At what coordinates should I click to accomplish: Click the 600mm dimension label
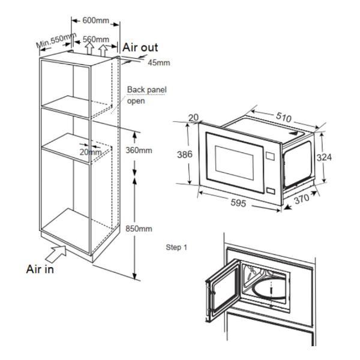(x=96, y=20)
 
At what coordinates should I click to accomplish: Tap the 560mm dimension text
(x=96, y=39)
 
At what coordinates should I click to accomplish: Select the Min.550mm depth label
(x=56, y=40)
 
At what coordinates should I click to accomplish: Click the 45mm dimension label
(x=159, y=62)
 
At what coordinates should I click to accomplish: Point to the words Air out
(x=140, y=47)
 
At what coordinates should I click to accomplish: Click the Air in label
(x=40, y=269)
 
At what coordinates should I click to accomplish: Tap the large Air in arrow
(x=56, y=254)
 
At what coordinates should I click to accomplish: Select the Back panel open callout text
(x=147, y=95)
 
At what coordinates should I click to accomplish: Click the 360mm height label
(x=139, y=151)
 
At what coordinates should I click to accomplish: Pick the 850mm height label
(x=139, y=229)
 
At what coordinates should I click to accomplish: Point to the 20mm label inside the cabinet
(x=91, y=152)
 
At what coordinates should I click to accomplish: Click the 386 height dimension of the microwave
(x=185, y=154)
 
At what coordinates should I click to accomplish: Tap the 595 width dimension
(x=238, y=203)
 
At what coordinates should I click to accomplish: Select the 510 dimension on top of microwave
(x=284, y=117)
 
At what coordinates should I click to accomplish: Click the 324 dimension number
(x=324, y=157)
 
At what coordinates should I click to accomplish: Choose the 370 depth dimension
(x=302, y=199)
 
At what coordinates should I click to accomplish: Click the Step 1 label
(x=176, y=247)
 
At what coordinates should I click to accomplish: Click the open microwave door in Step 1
(x=223, y=290)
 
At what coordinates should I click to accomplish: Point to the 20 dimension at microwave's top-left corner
(x=193, y=118)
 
